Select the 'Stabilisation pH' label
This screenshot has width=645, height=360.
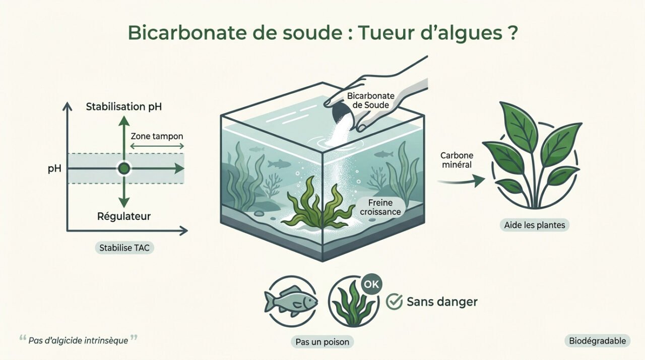[124, 107]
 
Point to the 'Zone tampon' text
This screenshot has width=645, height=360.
[157, 136]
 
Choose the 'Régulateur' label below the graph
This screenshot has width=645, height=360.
[124, 217]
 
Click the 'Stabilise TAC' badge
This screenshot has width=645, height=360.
[124, 248]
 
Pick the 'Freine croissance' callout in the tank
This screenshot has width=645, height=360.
[380, 207]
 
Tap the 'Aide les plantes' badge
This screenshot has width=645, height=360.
[535, 225]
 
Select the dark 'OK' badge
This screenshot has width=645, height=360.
[371, 284]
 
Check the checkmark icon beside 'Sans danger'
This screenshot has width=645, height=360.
[394, 302]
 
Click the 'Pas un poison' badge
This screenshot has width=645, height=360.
[322, 342]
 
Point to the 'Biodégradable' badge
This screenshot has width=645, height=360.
[597, 341]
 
